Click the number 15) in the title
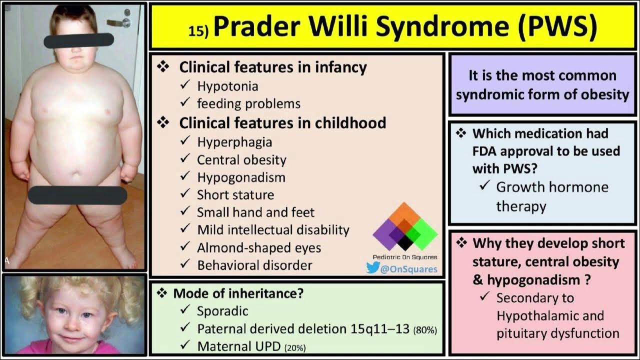198,31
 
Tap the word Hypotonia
227,86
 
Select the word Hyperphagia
234,142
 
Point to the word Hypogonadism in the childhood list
241,177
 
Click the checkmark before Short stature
185,194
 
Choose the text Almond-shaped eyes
259,247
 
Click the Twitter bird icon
373,268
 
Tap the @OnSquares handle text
409,269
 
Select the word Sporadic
222,310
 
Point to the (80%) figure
425,330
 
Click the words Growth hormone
552,187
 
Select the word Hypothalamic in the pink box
550,316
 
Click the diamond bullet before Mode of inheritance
161,293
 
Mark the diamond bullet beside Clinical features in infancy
163,66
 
